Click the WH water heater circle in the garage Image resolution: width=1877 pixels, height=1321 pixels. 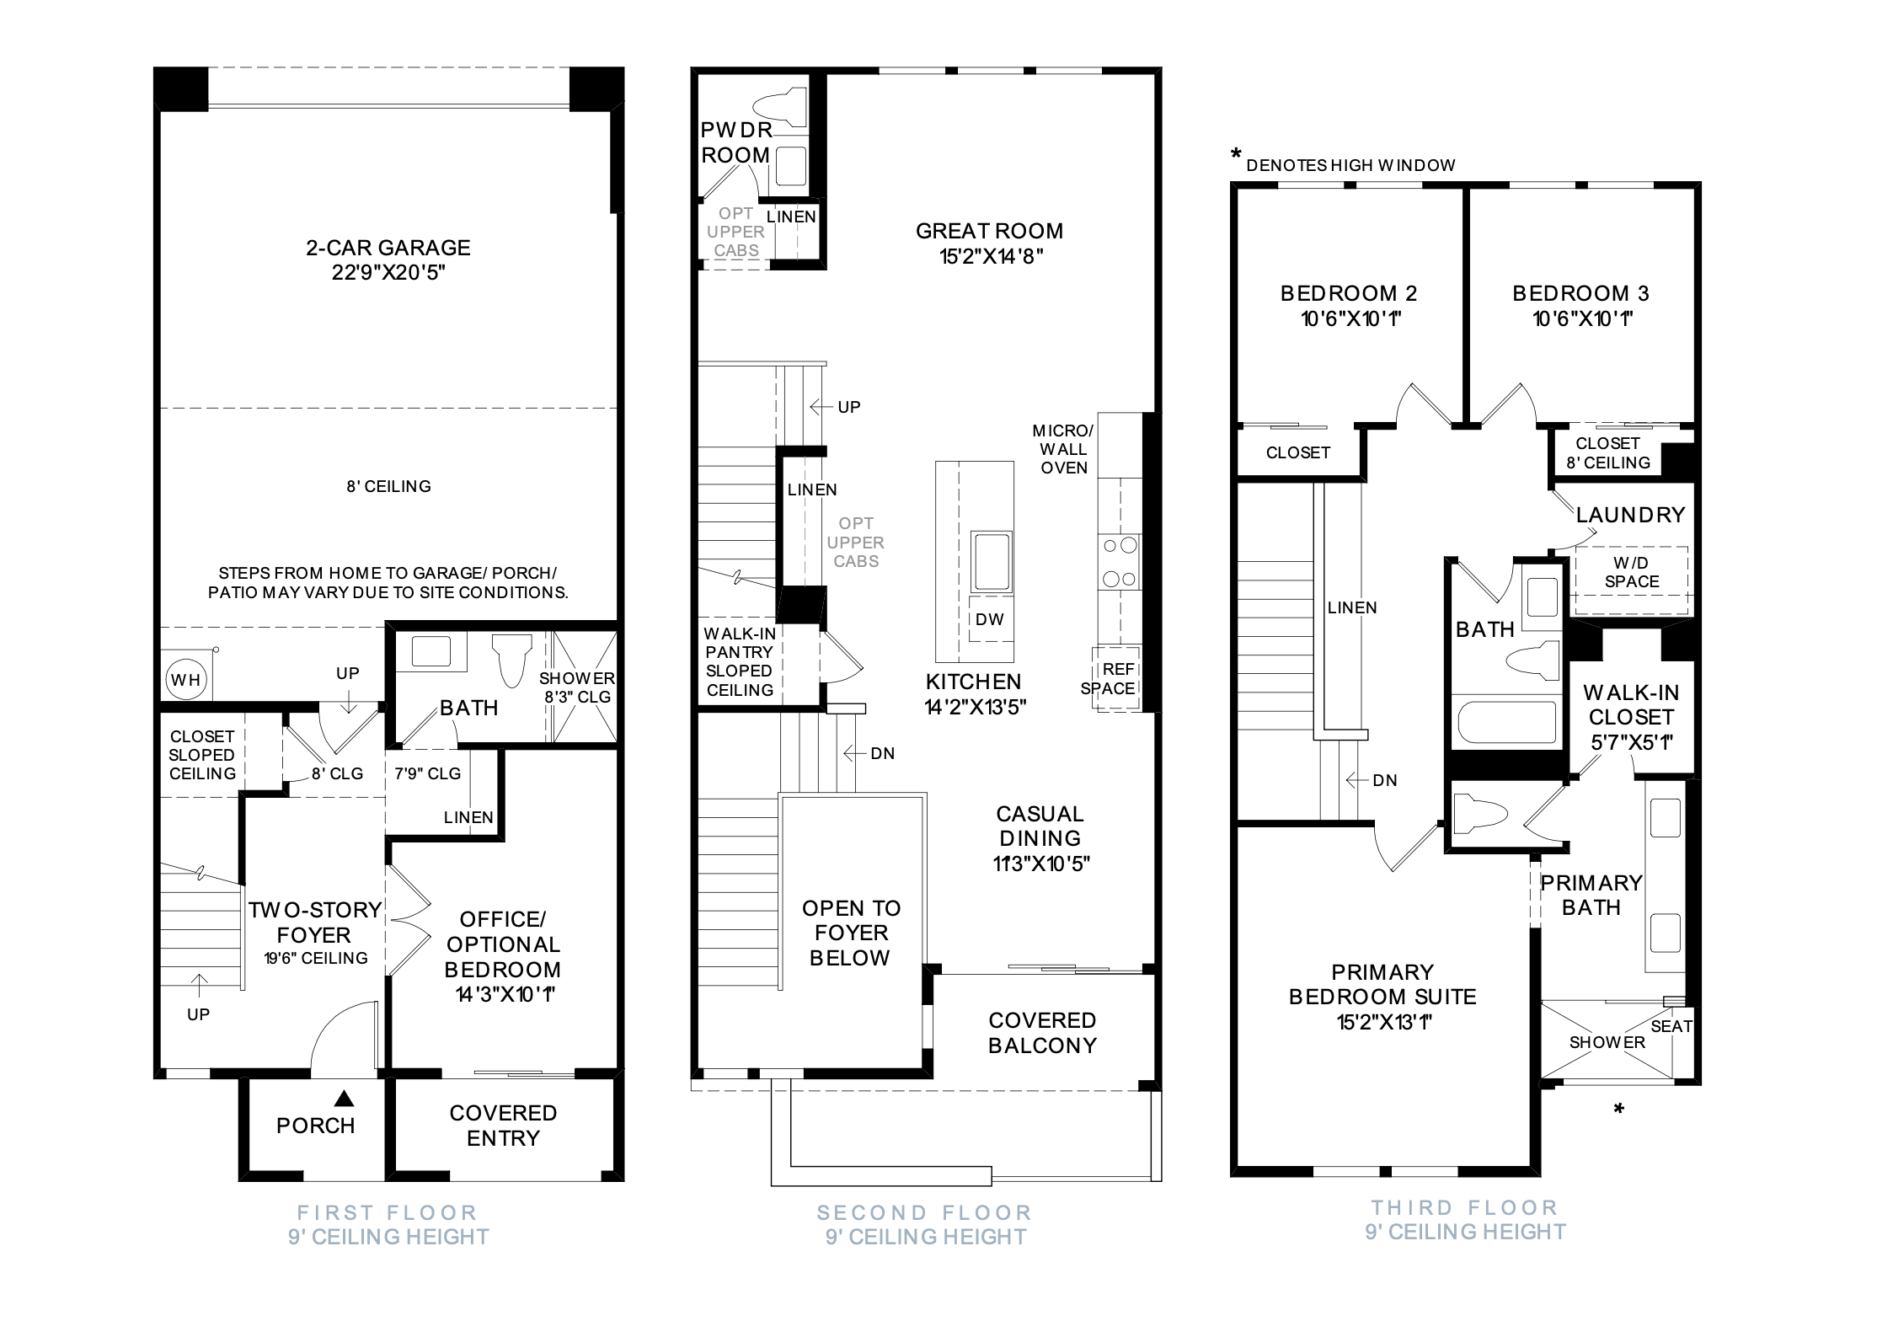tap(186, 679)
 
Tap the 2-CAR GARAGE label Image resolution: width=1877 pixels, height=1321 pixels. tap(388, 248)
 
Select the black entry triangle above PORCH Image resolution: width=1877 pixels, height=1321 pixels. tap(343, 1098)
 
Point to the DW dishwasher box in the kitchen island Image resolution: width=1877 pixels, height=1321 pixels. tap(990, 619)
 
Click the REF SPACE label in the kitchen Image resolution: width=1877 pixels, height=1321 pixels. tap(1109, 678)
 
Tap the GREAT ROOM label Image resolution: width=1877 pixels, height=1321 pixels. tap(989, 231)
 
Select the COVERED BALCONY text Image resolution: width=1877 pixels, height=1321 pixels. tap(1042, 1033)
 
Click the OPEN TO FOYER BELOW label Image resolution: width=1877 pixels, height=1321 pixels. tap(851, 933)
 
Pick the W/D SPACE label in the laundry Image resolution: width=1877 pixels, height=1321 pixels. tap(1631, 572)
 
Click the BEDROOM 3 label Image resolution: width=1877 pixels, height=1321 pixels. tap(1580, 293)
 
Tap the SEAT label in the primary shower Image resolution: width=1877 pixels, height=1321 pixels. tap(1671, 1026)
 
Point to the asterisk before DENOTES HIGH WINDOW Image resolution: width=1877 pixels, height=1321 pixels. tap(1236, 155)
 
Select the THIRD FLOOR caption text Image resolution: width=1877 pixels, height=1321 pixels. tap(1465, 1207)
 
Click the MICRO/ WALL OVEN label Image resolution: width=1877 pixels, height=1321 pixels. tap(1063, 449)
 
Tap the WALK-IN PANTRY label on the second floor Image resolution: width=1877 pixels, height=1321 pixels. tap(740, 643)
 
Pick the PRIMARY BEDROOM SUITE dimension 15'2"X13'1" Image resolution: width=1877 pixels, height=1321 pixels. tap(1384, 1022)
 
